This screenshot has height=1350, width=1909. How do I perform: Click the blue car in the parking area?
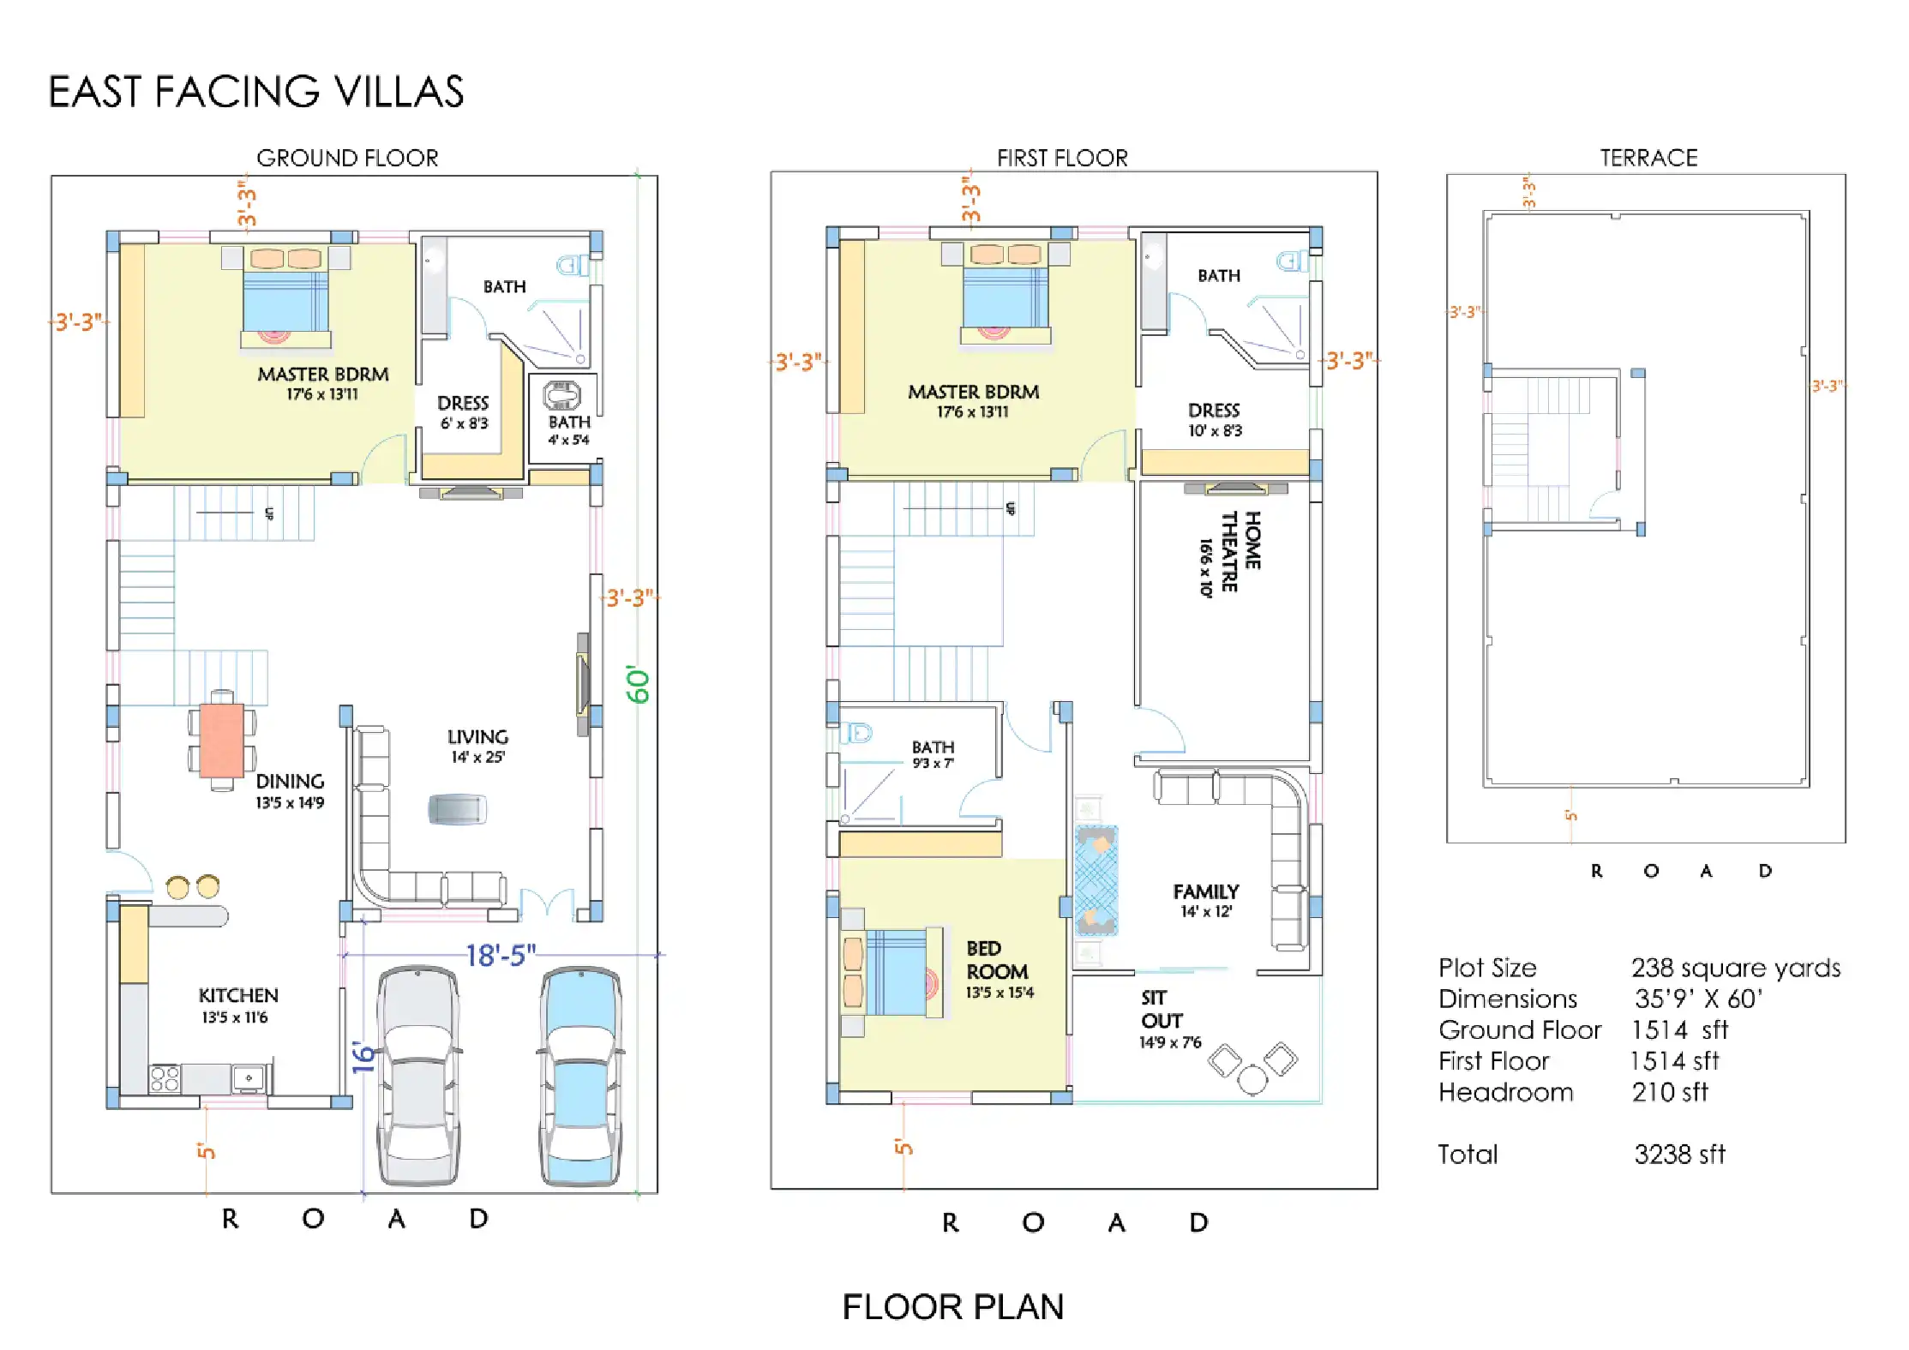click(580, 1076)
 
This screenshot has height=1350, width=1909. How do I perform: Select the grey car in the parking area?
click(418, 1076)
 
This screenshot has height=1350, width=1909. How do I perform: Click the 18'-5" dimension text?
click(501, 955)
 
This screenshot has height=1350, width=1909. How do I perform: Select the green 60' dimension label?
click(638, 684)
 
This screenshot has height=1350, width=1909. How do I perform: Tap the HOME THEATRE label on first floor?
click(1230, 553)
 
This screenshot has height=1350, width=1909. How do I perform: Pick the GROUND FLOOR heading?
click(347, 158)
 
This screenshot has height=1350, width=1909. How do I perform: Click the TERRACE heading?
click(1648, 158)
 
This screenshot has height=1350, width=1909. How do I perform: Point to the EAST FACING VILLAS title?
click(256, 92)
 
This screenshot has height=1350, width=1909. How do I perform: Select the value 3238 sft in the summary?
click(1679, 1155)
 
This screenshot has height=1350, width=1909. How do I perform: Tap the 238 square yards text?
click(1736, 969)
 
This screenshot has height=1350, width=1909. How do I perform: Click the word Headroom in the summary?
click(1506, 1092)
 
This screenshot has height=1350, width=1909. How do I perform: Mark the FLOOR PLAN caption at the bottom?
click(953, 1307)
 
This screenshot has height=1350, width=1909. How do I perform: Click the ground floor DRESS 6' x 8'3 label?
click(464, 412)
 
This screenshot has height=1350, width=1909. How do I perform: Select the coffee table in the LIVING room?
click(457, 809)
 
